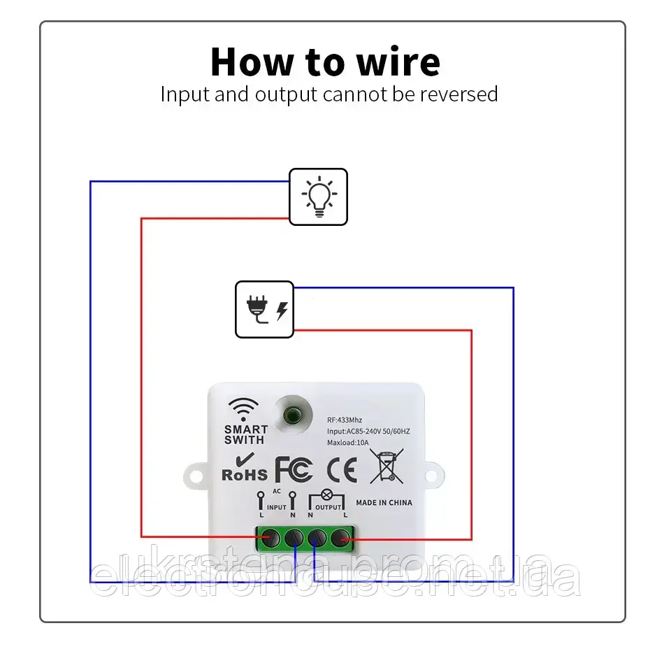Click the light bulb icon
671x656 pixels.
tap(319, 197)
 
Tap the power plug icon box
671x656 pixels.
tap(264, 309)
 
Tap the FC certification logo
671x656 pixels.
tap(293, 469)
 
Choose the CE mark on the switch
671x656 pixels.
tap(342, 469)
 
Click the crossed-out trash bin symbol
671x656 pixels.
tap(387, 466)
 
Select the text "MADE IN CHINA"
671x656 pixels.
tap(384, 502)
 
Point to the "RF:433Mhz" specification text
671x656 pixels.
tap(345, 420)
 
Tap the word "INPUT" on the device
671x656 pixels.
tap(277, 507)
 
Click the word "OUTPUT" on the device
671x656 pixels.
tap(328, 507)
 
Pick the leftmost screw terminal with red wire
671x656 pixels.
tap(270, 539)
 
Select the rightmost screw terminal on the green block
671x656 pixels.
tap(340, 539)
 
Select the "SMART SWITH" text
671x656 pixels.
tap(245, 434)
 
